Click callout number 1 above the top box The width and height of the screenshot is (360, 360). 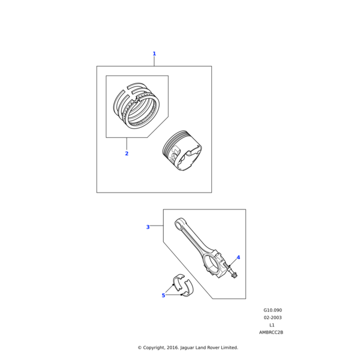coord(154,54)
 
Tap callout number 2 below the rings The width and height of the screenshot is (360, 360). coord(127,154)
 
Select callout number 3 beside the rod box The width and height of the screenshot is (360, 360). coord(148,227)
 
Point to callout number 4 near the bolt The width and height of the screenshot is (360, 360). coord(238,257)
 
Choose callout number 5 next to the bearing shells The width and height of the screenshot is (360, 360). coord(163,295)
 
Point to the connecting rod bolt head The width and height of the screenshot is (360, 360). coord(235,275)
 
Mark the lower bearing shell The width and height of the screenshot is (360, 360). coord(188,289)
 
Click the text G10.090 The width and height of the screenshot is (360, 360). coord(272,310)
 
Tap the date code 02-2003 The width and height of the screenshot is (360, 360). coord(272,317)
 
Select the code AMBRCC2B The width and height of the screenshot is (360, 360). coord(271,332)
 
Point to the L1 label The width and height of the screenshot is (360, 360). coord(272,325)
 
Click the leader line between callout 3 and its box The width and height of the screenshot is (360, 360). coord(157,226)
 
